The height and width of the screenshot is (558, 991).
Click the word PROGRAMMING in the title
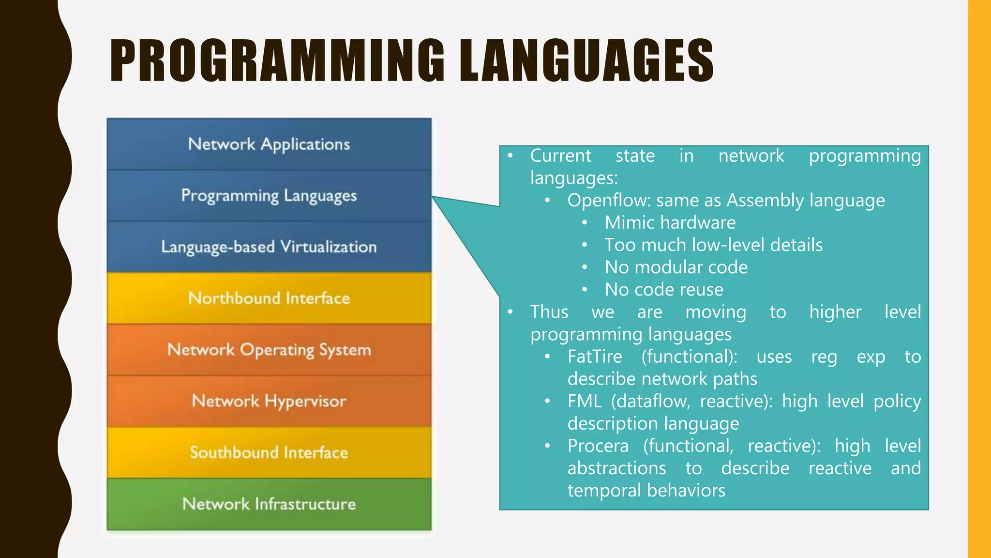[277, 61]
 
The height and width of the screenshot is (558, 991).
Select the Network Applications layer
[269, 144]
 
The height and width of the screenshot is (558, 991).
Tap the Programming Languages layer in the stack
[269, 196]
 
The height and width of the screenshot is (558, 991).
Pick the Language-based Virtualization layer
[269, 247]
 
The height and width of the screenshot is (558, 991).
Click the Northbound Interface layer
[269, 298]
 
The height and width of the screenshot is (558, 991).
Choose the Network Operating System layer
[269, 350]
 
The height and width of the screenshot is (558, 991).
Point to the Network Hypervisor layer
[269, 401]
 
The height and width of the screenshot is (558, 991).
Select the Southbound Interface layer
[269, 452]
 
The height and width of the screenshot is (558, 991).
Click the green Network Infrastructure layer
[269, 504]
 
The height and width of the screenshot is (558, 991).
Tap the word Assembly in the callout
[765, 201]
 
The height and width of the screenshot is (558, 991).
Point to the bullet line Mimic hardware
[670, 223]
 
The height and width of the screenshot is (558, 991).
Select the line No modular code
[676, 267]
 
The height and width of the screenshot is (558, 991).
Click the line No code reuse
[664, 290]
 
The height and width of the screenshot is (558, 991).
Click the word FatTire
[595, 357]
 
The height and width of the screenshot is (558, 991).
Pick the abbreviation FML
[584, 402]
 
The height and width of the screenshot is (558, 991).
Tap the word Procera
[598, 446]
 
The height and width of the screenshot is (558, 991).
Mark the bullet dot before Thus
[510, 312]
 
